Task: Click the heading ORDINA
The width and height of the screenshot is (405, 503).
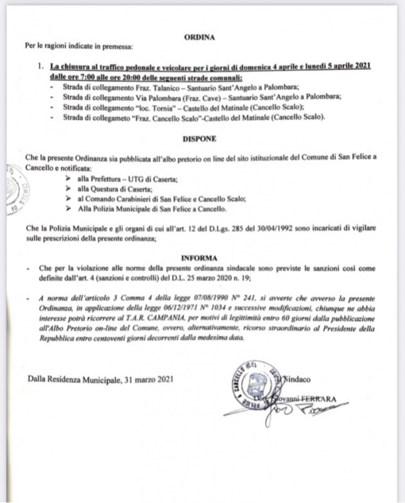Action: [199, 37]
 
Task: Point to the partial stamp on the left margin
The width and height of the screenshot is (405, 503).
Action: [11, 189]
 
